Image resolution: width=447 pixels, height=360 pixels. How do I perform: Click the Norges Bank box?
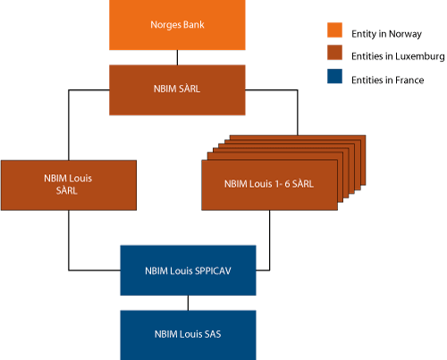(177, 25)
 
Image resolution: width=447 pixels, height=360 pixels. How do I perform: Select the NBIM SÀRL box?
(177, 89)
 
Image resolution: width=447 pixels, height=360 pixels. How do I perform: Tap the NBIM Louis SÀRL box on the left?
(69, 185)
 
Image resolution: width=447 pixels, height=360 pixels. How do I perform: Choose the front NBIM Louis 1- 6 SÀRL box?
(269, 185)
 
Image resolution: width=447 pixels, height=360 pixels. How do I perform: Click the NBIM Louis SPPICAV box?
(188, 270)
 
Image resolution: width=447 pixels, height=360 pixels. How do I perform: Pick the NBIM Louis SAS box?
(188, 333)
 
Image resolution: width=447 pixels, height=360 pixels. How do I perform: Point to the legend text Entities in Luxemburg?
(394, 56)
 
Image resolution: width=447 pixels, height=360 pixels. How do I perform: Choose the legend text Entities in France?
(387, 80)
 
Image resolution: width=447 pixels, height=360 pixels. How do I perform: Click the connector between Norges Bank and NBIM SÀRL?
(177, 57)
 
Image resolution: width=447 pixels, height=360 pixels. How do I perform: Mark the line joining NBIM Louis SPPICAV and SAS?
(188, 302)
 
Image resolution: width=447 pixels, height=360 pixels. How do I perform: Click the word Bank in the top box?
(191, 25)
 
